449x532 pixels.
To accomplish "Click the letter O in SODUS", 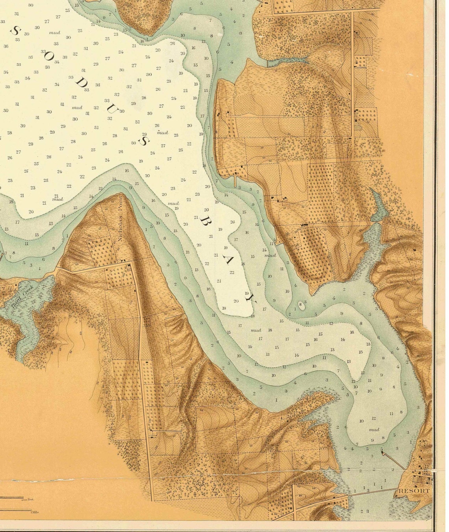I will [49, 56].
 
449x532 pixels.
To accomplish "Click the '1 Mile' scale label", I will [34, 512].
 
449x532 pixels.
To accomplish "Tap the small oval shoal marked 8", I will [301, 305].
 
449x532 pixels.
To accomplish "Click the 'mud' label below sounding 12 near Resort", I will [374, 430].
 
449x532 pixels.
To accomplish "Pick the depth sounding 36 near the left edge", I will [6, 46].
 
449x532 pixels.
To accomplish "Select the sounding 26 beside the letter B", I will [232, 222].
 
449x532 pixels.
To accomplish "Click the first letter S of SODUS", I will [16, 30].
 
